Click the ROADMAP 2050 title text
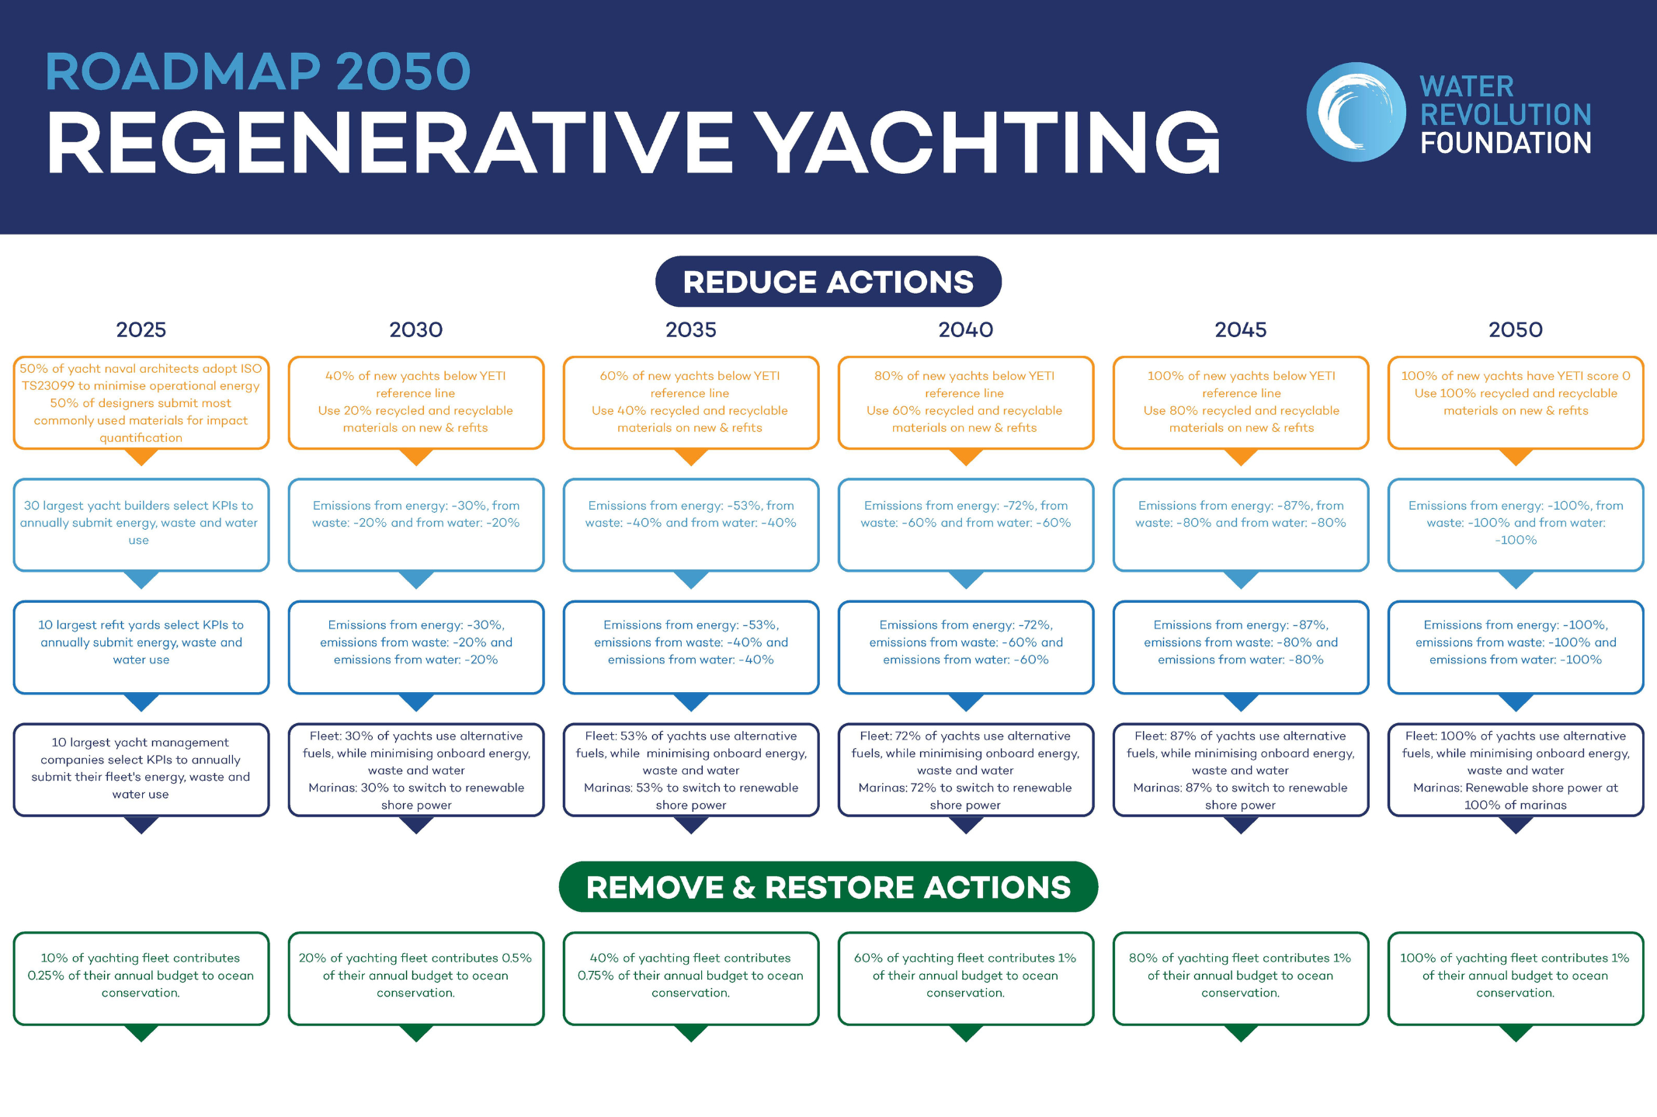[x=258, y=71]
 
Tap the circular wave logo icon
[x=1356, y=112]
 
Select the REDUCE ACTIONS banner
[x=828, y=281]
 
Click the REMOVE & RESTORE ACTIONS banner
[x=828, y=886]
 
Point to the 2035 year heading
[x=691, y=329]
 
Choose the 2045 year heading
[x=1241, y=329]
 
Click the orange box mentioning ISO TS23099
[x=141, y=402]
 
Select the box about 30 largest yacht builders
[x=141, y=524]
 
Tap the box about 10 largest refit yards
[x=141, y=647]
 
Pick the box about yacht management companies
[x=141, y=769]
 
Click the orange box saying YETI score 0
[x=1516, y=402]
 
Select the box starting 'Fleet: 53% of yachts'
[x=691, y=769]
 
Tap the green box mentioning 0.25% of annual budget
[x=141, y=978]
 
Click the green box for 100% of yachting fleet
[x=1516, y=978]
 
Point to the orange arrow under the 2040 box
[x=966, y=457]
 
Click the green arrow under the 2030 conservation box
[x=416, y=1032]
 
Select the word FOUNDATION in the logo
[x=1506, y=143]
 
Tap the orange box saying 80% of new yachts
[x=966, y=402]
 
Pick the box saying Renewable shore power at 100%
[x=1516, y=769]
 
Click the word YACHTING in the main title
[x=988, y=142]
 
